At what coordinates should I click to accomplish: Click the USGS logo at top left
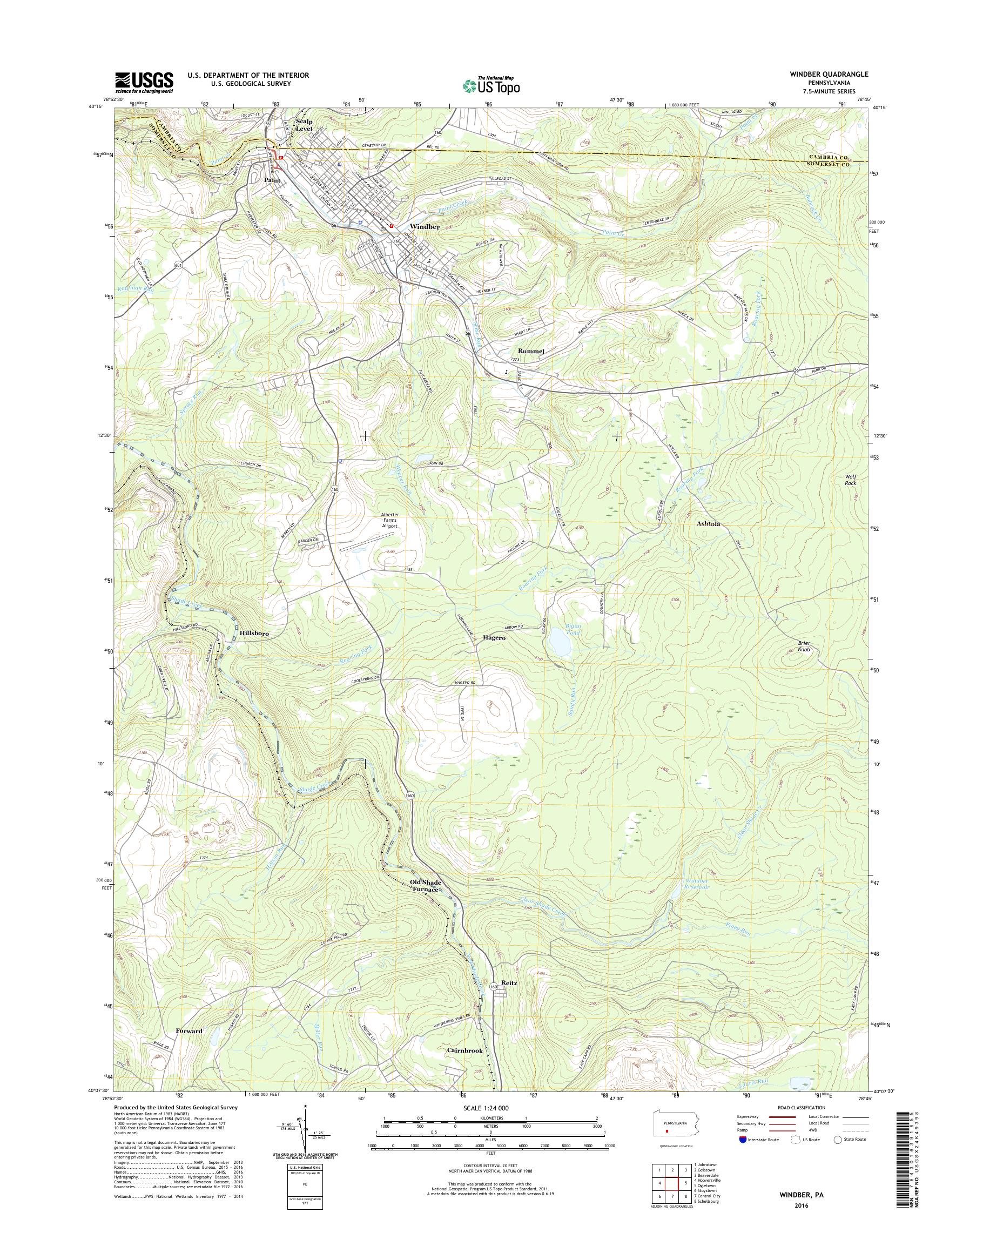click(x=144, y=82)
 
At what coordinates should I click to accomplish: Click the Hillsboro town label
click(x=254, y=633)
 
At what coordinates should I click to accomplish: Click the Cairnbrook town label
click(x=465, y=1050)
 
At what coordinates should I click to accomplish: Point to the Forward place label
click(x=190, y=1031)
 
